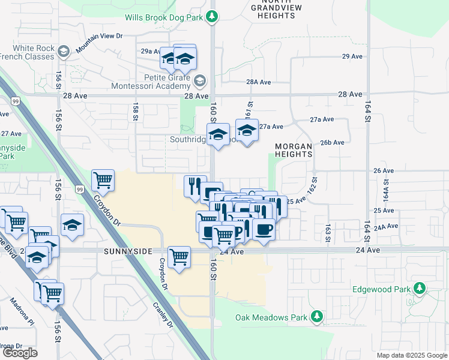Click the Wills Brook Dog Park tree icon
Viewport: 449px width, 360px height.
point(211,17)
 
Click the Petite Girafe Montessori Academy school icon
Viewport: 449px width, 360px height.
point(200,80)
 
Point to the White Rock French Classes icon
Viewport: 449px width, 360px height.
point(64,52)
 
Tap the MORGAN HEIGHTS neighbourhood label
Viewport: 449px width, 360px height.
point(294,150)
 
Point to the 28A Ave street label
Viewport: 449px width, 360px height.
point(259,82)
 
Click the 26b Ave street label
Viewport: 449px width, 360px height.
point(332,143)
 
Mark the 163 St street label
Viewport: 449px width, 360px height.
point(328,233)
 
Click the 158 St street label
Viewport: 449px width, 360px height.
point(136,111)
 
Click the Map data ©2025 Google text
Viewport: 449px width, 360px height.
point(412,355)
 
